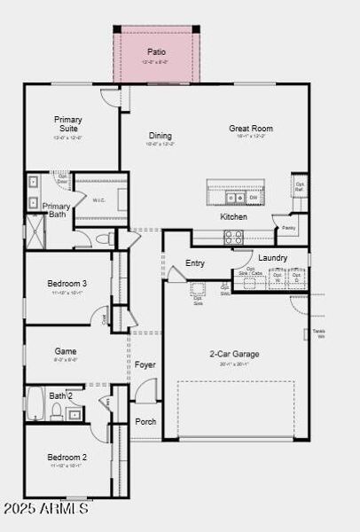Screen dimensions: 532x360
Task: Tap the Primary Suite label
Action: [67, 123]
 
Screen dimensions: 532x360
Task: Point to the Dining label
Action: [160, 129]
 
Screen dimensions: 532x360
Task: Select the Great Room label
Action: [250, 129]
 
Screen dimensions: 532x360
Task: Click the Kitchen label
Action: [234, 216]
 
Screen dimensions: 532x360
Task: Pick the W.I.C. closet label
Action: [99, 200]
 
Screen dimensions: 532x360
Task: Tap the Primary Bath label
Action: [57, 210]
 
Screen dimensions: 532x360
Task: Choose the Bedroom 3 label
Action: [67, 284]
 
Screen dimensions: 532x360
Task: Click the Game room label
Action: [66, 351]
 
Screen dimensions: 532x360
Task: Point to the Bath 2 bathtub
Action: [35, 403]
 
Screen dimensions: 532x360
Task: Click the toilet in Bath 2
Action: [55, 411]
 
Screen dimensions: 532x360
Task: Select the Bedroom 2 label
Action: [67, 458]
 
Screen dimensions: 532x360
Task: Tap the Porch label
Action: [145, 421]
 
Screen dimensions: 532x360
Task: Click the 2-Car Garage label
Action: [229, 354]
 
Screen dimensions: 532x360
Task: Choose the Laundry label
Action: [272, 258]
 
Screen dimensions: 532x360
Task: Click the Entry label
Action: [195, 263]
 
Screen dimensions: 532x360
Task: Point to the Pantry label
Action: [289, 228]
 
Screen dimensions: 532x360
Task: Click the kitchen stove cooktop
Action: [233, 237]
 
